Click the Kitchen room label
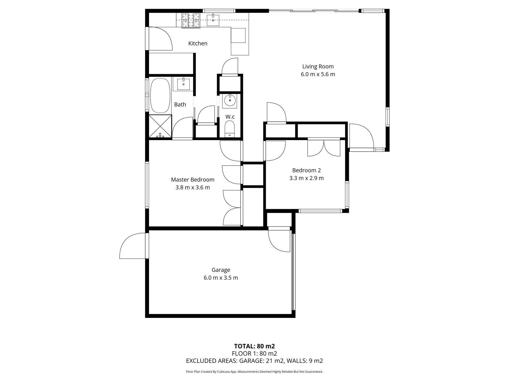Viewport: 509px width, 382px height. click(198, 44)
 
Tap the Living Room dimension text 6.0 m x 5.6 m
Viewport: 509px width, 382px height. click(318, 74)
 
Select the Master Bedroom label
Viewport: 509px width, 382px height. click(193, 180)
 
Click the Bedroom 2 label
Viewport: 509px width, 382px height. click(306, 170)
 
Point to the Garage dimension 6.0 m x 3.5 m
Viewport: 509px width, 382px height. click(221, 278)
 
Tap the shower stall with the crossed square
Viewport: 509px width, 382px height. click(160, 126)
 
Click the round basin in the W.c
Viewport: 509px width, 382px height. click(230, 101)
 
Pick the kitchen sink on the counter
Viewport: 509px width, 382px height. click(213, 20)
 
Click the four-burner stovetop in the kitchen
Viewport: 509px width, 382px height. click(191, 20)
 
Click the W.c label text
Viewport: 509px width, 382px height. click(230, 117)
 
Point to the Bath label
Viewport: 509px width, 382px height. click(180, 105)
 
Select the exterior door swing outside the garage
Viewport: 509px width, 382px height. click(133, 245)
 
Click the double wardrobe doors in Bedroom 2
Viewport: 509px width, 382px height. click(324, 148)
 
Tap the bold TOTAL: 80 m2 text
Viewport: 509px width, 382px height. click(254, 346)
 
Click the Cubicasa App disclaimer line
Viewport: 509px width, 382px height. click(254, 372)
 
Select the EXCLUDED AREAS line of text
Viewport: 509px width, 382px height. click(254, 361)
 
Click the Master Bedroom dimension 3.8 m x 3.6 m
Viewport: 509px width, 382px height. click(193, 188)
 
